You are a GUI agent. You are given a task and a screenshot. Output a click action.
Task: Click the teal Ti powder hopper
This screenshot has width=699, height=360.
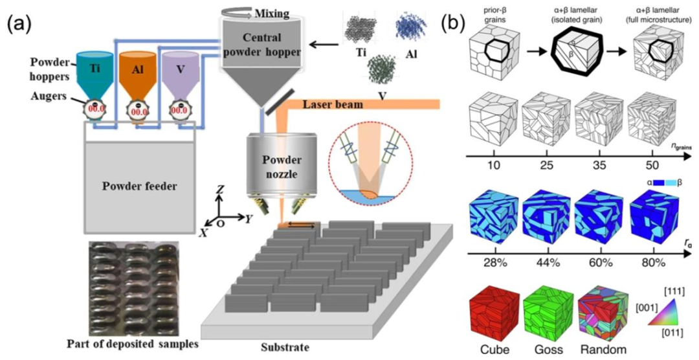(x=95, y=76)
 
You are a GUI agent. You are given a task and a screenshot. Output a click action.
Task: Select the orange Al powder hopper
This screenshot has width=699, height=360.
(x=138, y=76)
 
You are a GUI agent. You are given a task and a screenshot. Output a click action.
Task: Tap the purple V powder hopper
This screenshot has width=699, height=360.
(x=181, y=76)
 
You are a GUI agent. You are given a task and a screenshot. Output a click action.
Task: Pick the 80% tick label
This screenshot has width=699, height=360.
(x=653, y=263)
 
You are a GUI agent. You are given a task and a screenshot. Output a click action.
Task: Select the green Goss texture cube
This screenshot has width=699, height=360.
(x=544, y=313)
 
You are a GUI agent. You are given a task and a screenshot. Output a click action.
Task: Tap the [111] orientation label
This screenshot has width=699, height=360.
(x=674, y=292)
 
